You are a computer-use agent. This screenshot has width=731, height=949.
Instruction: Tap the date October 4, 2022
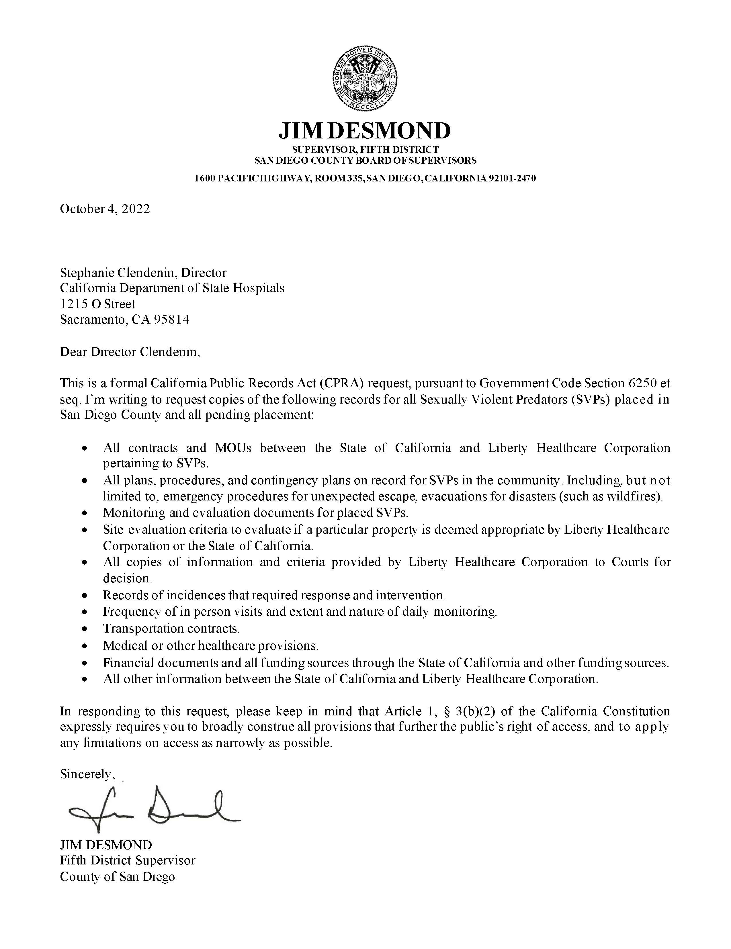pos(105,209)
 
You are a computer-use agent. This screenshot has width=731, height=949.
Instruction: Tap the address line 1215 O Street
pos(97,304)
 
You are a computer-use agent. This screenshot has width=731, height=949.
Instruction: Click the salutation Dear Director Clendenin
pos(130,352)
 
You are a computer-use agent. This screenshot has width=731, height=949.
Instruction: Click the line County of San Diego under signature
pos(117,876)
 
